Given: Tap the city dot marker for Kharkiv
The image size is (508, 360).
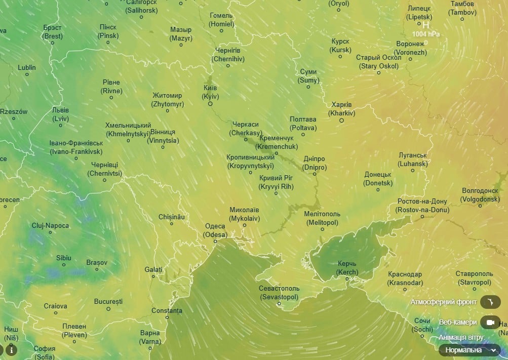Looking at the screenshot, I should click(341, 121).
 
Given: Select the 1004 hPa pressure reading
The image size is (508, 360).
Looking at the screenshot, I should click(426, 34).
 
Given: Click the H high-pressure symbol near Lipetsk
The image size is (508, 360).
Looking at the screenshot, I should click(426, 25).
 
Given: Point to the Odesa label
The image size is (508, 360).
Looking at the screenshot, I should click(215, 230).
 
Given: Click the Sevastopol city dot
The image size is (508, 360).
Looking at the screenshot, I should click(279, 304).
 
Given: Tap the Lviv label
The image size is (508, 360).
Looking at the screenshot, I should click(60, 114).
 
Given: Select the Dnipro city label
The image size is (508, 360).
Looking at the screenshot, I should click(315, 163).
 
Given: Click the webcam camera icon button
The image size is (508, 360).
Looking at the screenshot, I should click(490, 322).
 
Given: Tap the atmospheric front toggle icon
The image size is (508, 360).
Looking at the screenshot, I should click(490, 302).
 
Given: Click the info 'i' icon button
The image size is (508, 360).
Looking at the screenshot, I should click(11, 349).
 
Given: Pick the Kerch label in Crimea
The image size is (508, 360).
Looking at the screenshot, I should click(347, 268).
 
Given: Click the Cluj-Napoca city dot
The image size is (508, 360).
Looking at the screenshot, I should click(50, 232).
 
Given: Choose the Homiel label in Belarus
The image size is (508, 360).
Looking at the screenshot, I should click(222, 20).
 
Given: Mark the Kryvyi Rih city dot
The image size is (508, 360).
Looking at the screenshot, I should click(276, 193).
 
